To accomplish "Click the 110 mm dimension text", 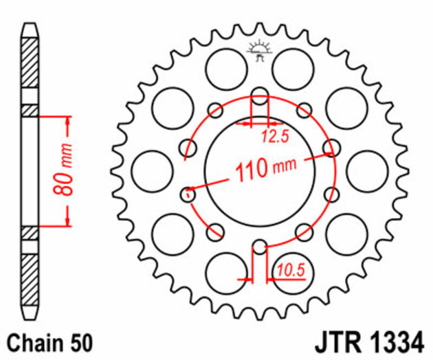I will (260, 169).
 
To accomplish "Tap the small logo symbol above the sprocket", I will (260, 49).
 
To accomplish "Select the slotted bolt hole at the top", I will (260, 97).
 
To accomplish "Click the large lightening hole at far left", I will (151, 172).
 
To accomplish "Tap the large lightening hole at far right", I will (368, 172).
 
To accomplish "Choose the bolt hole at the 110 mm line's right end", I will (333, 148).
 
